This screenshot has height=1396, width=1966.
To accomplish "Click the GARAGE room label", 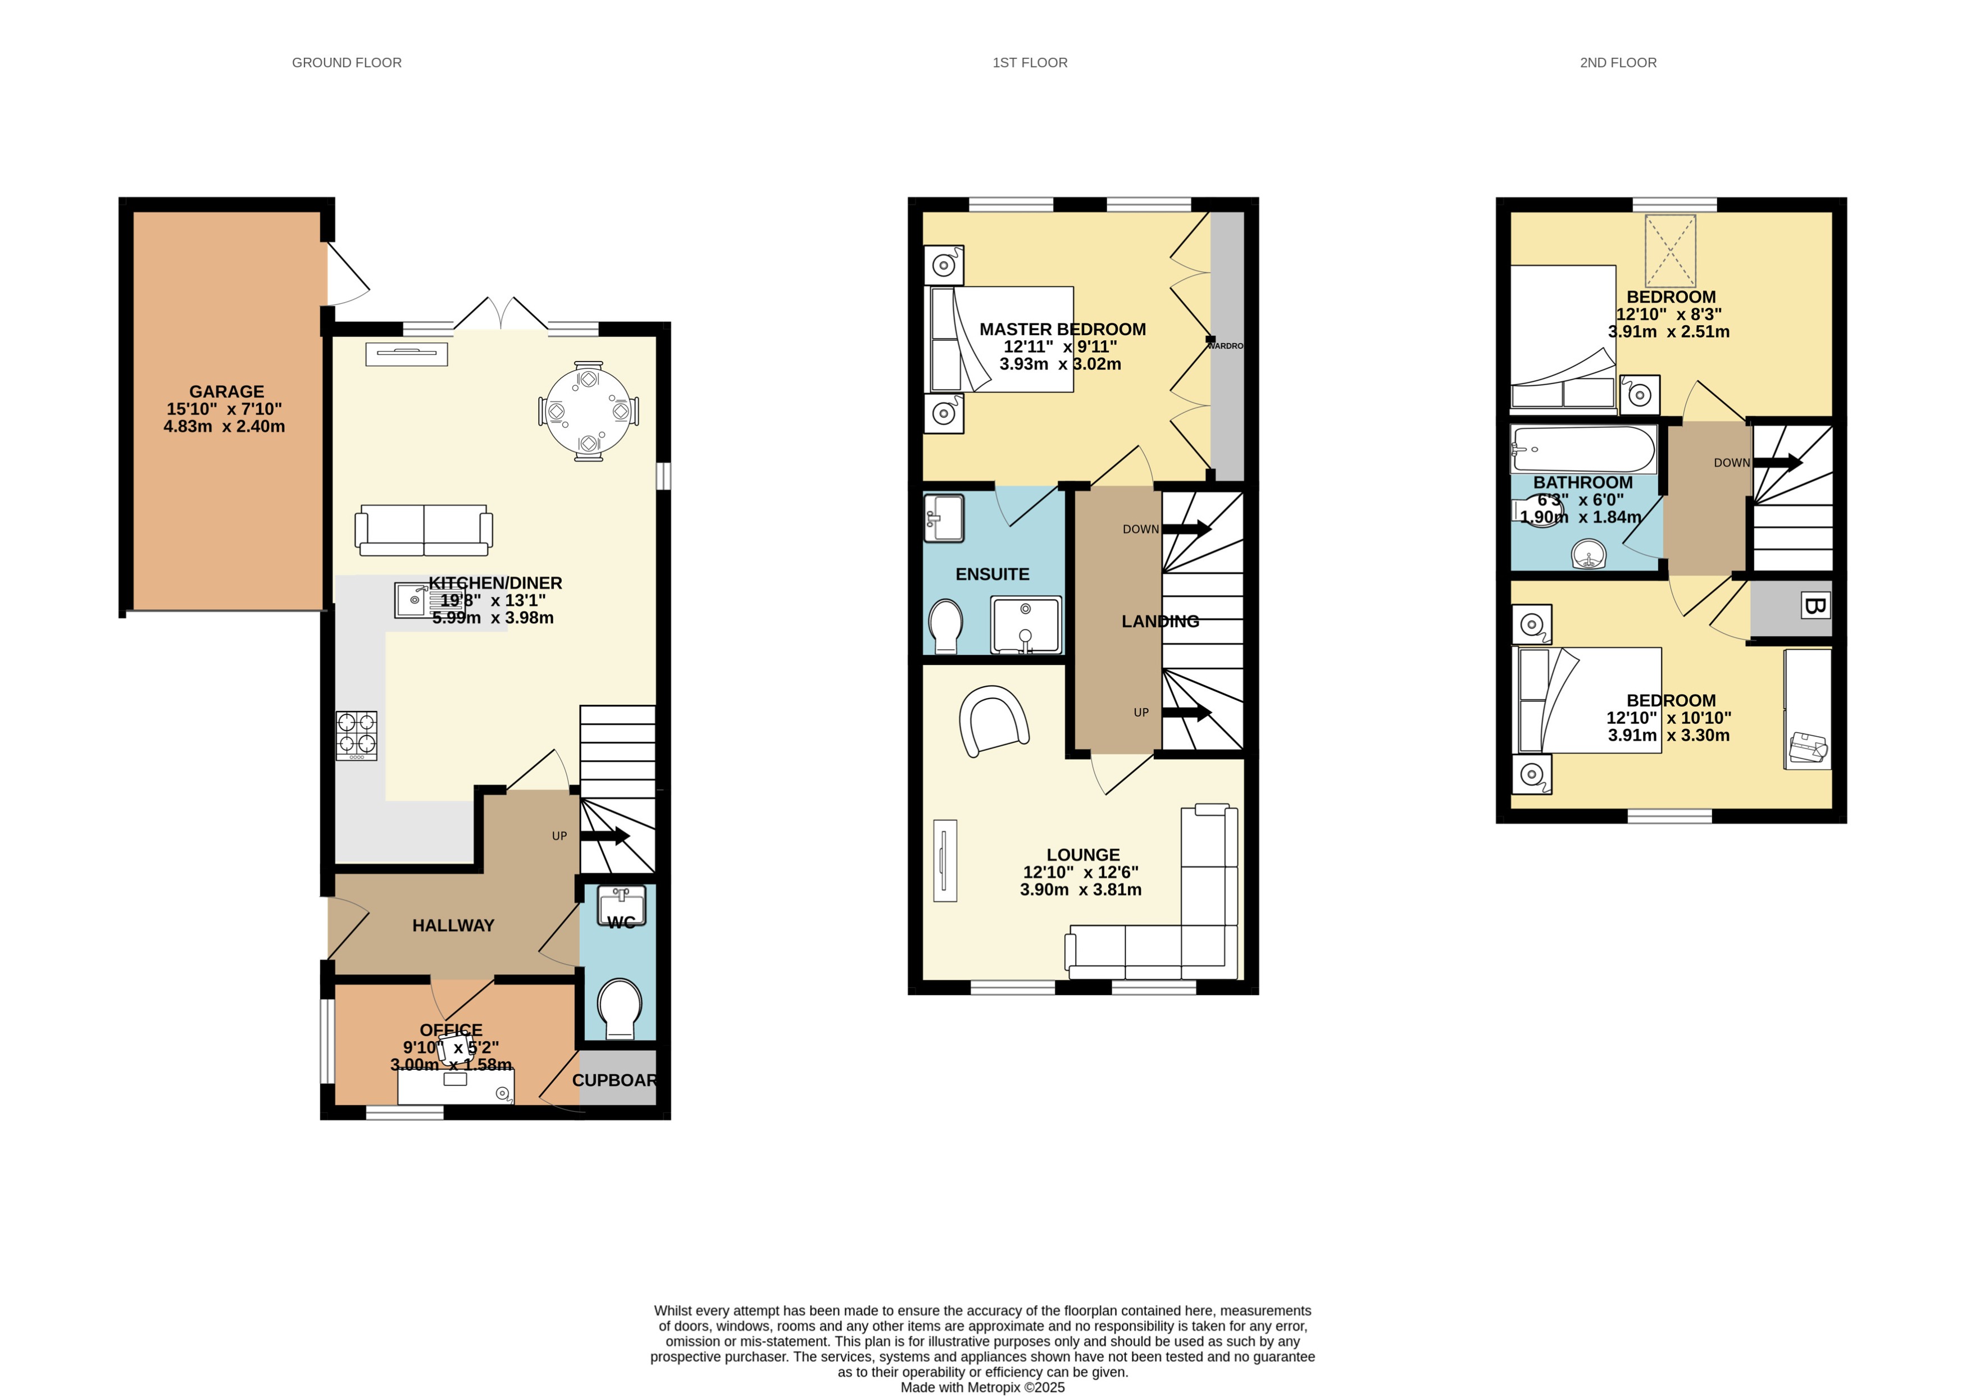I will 226,391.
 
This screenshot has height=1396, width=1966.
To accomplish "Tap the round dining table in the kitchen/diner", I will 588,411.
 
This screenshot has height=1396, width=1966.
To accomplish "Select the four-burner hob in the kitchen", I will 356,735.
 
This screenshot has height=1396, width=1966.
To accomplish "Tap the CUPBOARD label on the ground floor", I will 614,1080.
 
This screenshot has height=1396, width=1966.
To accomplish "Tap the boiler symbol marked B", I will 1814,606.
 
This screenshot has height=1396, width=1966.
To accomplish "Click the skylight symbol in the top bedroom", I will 1669,251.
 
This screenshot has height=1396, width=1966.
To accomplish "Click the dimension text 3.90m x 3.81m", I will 1081,889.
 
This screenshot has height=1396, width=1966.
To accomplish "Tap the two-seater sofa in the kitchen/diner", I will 424,530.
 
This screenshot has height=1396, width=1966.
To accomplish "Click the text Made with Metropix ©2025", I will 982,1386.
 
